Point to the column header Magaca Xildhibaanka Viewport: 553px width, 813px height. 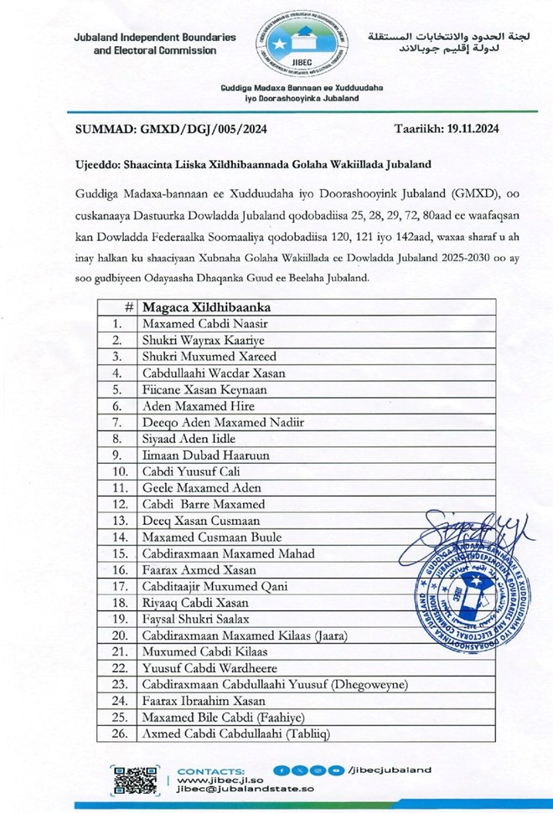206,306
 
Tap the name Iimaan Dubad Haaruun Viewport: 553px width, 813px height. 199,455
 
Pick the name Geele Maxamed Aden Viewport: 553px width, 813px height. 202,487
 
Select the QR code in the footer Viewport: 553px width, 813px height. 135,780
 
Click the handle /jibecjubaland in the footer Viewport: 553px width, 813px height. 392,769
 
